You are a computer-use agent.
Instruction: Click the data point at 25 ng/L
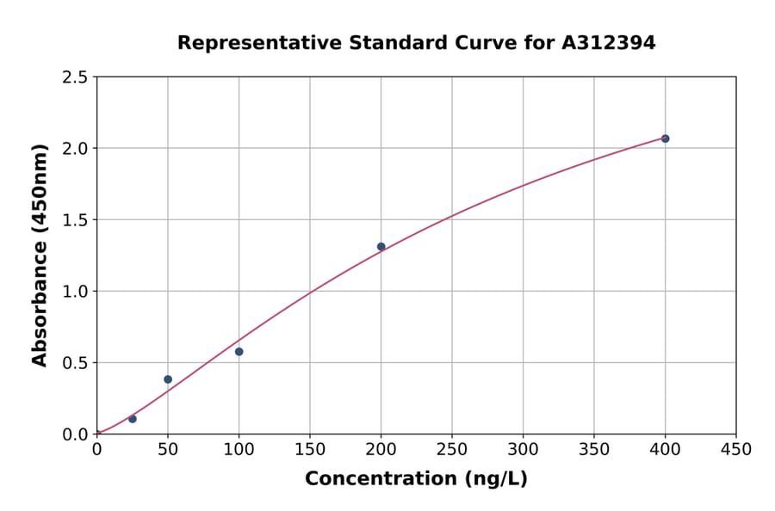coord(133,419)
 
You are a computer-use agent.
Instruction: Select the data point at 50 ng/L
coord(168,379)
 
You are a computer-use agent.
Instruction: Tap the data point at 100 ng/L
coord(239,352)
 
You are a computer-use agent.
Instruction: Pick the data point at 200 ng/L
coord(381,247)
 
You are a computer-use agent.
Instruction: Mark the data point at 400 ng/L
coord(665,139)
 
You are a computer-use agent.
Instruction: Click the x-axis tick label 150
coord(310,449)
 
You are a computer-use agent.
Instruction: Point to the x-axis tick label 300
coord(524,449)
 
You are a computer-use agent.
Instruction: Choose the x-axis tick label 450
coord(736,449)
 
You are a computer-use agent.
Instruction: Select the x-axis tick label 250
coord(452,449)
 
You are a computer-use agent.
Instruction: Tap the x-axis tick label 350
coord(594,449)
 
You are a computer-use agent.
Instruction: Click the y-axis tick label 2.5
coord(74,77)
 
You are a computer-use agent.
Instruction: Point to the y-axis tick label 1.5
coord(74,220)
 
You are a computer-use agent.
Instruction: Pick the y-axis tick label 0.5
coord(74,363)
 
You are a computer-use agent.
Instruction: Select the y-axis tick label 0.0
coord(74,434)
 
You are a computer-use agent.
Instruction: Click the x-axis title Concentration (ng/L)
coord(416,479)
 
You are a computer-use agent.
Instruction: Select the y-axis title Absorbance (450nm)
coord(40,255)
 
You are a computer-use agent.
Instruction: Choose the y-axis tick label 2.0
coord(74,149)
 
